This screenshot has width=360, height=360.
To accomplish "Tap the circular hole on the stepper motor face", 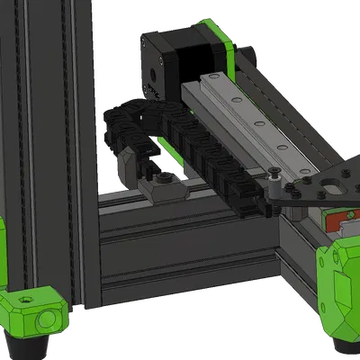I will point(154,72).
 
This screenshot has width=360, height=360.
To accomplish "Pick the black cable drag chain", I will point(180,144).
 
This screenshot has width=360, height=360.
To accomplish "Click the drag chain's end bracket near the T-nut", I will point(130,163).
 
